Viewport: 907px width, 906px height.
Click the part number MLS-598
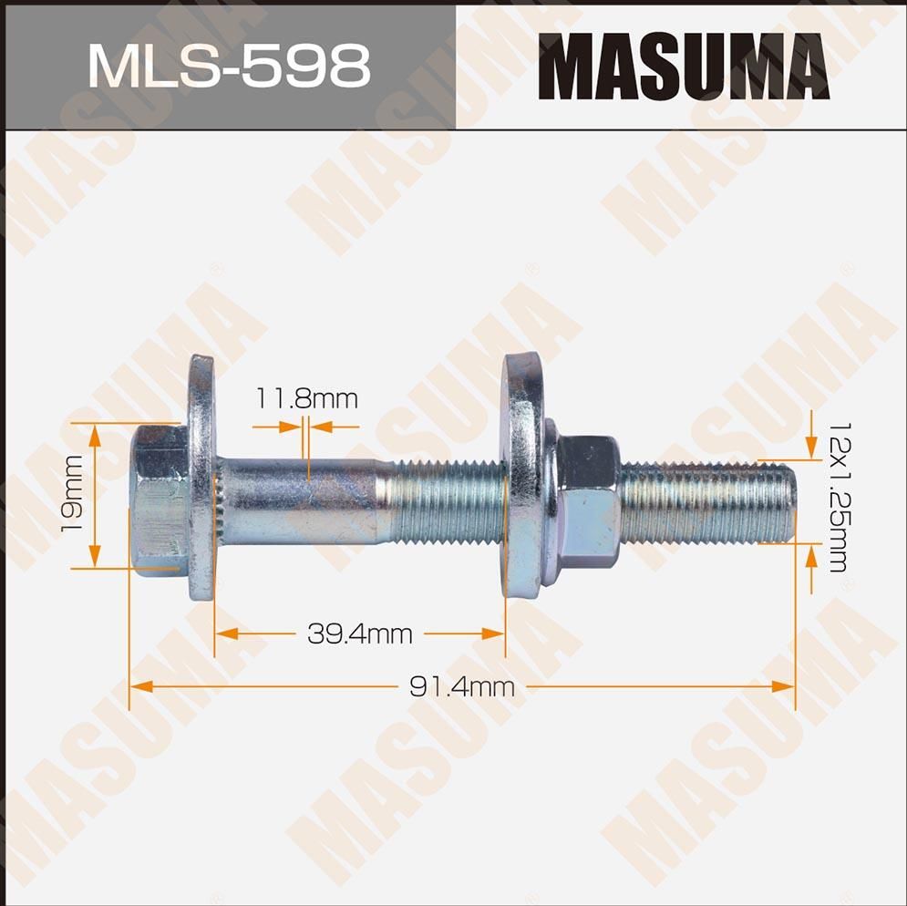[228, 66]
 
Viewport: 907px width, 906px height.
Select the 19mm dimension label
[74, 496]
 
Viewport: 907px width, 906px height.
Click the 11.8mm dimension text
[306, 398]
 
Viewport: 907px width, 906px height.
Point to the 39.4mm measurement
[359, 633]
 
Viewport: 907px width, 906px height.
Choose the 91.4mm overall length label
[461, 687]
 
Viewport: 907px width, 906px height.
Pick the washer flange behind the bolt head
[201, 478]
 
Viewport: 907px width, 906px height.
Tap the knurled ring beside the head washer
[220, 500]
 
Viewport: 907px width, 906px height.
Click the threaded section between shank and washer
[447, 500]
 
